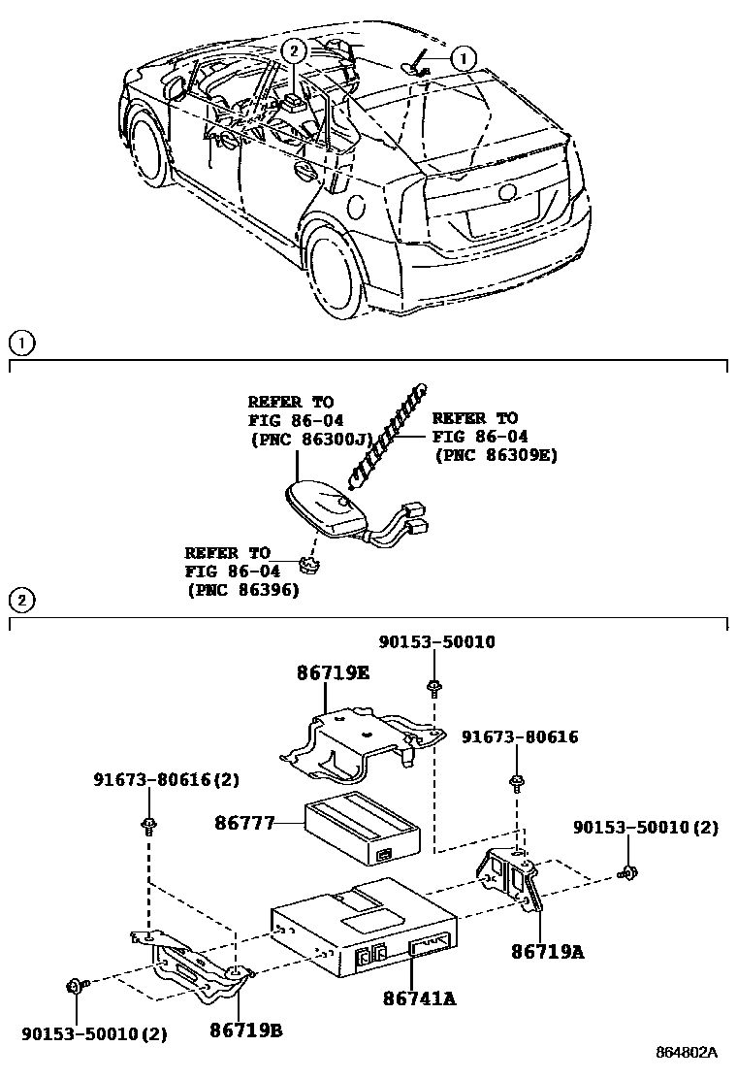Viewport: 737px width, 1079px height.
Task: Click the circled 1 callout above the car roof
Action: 464,59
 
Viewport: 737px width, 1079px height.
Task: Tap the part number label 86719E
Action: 333,671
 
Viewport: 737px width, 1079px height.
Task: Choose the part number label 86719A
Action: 548,952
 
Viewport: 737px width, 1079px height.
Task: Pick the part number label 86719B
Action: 246,1030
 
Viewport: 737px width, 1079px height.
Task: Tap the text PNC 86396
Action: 242,589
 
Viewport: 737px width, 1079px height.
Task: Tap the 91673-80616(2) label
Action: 166,779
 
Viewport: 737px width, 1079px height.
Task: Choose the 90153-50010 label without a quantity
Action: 436,642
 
